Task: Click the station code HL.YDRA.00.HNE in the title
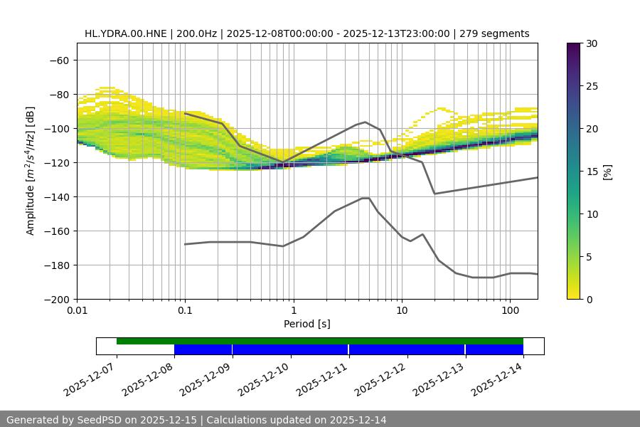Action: pos(125,33)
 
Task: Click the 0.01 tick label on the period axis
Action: pos(77,311)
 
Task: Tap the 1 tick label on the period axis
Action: pos(293,311)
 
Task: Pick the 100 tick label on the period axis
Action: pos(510,311)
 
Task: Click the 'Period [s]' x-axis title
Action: pos(307,325)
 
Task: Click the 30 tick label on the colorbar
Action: pos(591,43)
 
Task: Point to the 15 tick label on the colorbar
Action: pos(591,172)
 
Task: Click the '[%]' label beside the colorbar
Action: pos(607,172)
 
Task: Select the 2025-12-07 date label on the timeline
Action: pos(91,377)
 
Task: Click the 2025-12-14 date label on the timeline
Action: pos(498,377)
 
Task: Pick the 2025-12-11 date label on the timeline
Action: pos(324,377)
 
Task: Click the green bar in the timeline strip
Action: pos(320,341)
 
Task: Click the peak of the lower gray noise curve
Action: pos(366,198)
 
